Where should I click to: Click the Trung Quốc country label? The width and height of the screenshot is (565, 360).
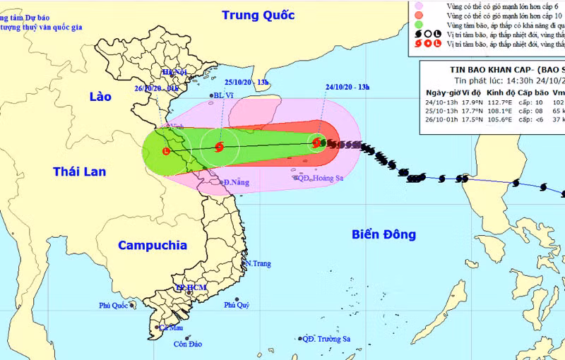[x=257, y=15]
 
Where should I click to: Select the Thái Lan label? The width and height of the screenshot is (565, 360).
[x=79, y=171]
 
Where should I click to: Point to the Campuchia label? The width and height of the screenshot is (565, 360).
[x=153, y=246]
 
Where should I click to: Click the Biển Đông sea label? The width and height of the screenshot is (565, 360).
[x=384, y=234]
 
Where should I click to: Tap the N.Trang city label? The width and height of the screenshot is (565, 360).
[x=257, y=264]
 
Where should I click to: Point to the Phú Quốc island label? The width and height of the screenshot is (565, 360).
[x=116, y=306]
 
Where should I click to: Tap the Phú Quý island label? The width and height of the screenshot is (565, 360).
[x=237, y=305]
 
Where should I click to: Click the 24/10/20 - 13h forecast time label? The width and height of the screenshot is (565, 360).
[x=346, y=88]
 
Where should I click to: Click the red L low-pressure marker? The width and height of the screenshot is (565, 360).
[x=167, y=151]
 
